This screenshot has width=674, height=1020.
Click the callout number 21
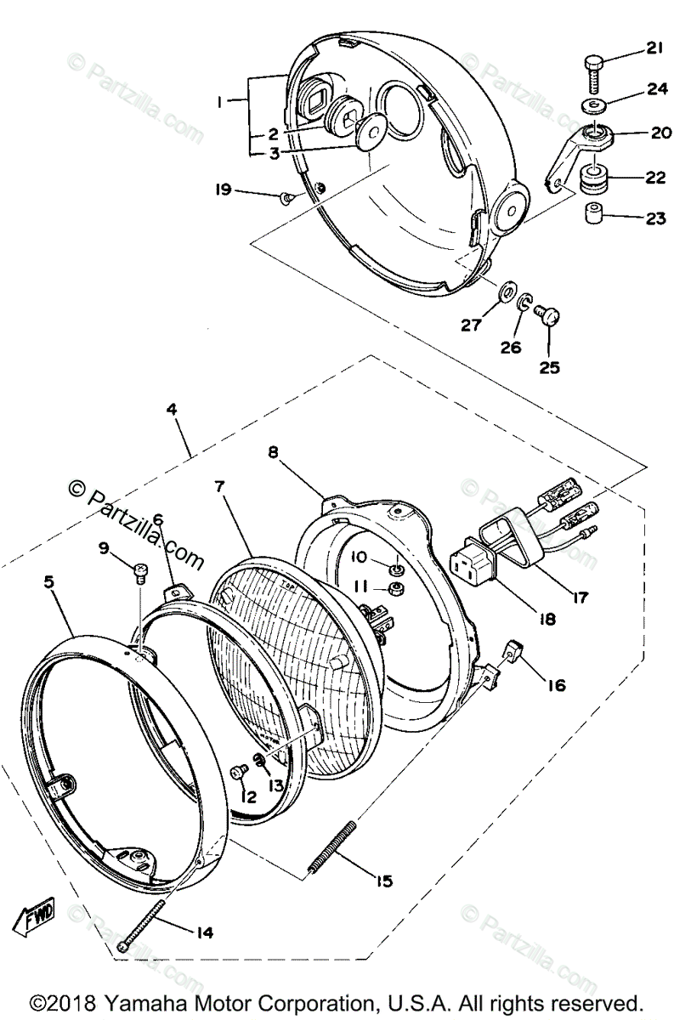click(654, 48)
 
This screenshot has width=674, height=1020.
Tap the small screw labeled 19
click(287, 197)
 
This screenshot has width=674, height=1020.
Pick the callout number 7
click(218, 488)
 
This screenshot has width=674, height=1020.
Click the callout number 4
click(173, 408)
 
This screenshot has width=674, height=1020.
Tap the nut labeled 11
click(394, 589)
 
